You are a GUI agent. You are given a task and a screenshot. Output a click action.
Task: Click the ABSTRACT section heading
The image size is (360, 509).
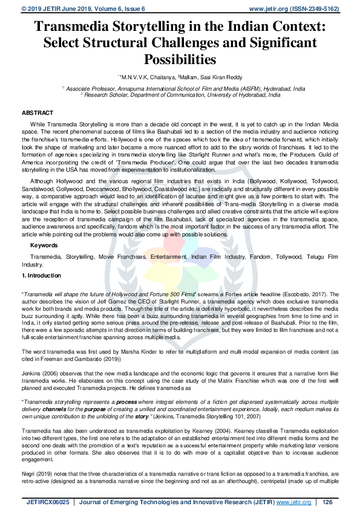(38, 113)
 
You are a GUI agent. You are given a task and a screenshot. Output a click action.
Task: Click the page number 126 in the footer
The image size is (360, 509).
(328, 502)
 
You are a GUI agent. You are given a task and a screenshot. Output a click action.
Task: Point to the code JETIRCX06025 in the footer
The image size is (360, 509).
(48, 502)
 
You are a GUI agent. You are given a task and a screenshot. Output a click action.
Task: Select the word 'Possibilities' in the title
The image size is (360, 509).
(180, 59)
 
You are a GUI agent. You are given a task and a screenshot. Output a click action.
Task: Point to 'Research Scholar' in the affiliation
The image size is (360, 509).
(105, 95)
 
